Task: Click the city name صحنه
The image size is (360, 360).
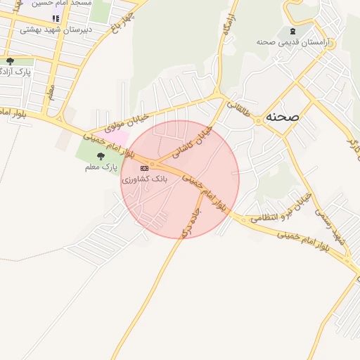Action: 281,117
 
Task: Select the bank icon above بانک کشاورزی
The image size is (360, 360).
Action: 145,168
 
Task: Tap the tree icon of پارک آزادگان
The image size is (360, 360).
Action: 10,61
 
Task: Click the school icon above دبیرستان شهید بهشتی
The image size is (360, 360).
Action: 56,18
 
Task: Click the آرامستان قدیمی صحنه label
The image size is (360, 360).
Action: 284,42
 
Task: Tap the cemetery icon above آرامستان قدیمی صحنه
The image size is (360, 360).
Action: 292,32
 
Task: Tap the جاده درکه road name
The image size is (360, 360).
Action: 190,220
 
